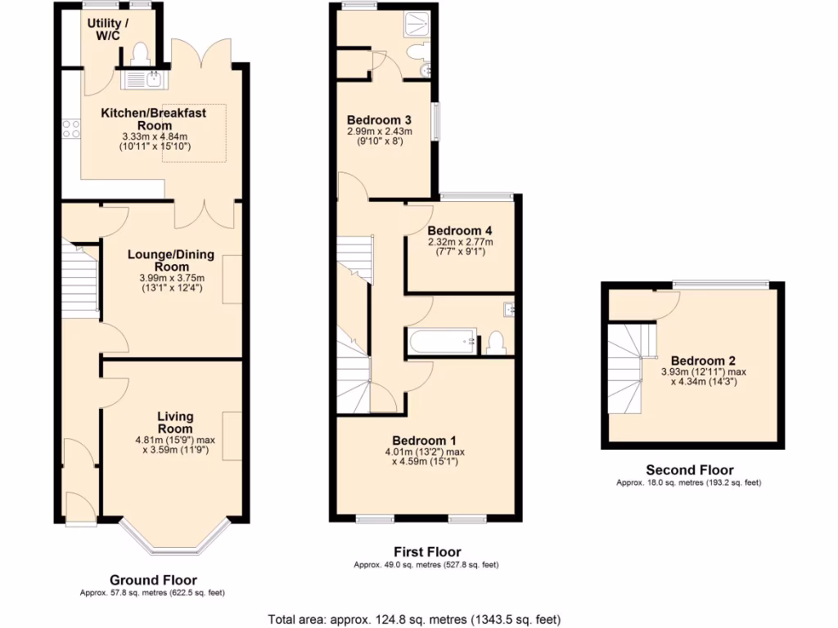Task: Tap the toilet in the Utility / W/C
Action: tap(138, 52)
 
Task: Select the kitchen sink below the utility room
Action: tap(145, 78)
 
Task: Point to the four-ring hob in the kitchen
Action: tap(71, 128)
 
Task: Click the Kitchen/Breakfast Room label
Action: tap(154, 119)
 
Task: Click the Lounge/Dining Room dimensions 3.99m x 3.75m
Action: tap(170, 278)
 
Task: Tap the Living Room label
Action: tap(175, 423)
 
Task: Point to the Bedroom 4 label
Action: tap(459, 230)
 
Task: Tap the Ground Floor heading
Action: tap(152, 580)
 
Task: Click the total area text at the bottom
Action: tap(414, 619)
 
